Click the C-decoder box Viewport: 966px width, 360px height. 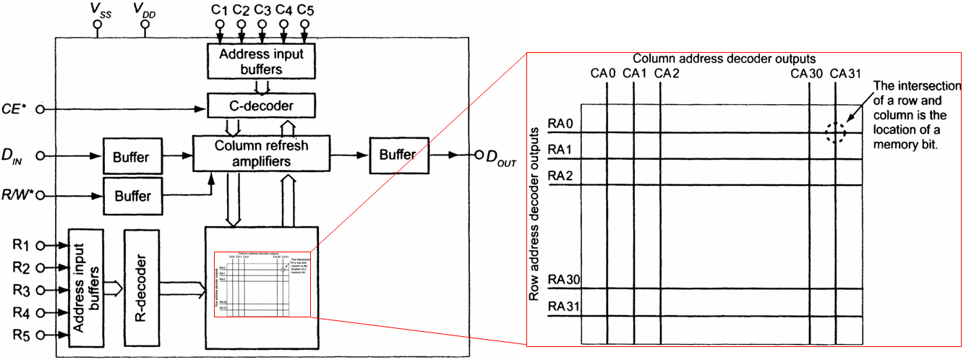[x=261, y=106]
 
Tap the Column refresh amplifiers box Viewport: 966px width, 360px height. [x=261, y=153]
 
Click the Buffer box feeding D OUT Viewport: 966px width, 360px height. [x=398, y=155]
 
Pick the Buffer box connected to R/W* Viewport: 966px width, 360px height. [x=132, y=196]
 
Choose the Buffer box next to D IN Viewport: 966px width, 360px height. [x=132, y=156]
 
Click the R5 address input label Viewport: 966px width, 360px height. [x=22, y=335]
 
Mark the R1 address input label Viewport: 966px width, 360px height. [x=22, y=245]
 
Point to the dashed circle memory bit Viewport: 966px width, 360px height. [x=836, y=132]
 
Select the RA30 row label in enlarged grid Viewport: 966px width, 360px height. [x=565, y=280]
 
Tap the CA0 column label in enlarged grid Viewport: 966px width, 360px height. [x=603, y=73]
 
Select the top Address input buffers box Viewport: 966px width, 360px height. [x=261, y=61]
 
